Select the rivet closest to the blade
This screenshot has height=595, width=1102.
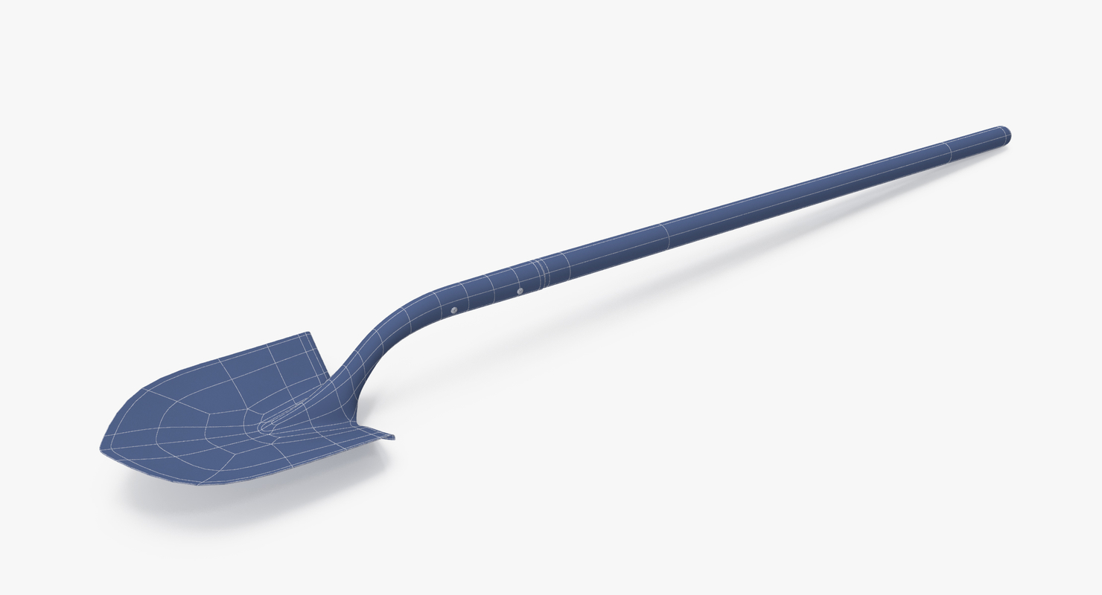[453, 309]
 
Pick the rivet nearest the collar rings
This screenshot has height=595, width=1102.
[520, 290]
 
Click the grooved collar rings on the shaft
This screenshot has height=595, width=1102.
[540, 272]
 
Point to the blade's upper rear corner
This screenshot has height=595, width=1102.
[308, 335]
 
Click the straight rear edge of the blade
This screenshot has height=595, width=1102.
[319, 355]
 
